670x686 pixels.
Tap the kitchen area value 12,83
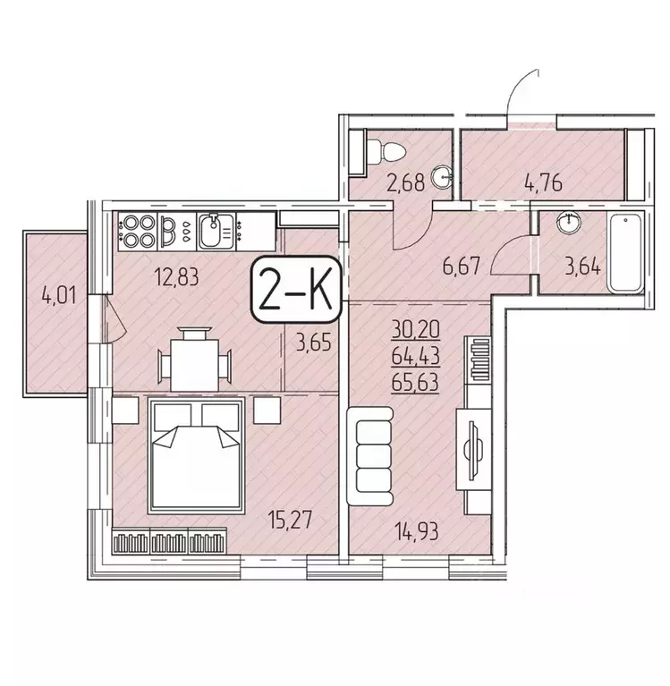click(176, 275)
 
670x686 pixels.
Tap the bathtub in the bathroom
click(629, 252)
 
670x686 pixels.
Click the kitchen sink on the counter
click(214, 232)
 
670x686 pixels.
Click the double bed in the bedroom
click(197, 454)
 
